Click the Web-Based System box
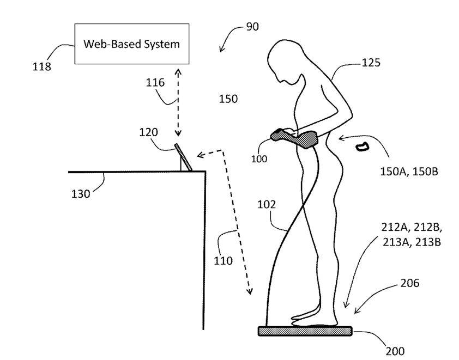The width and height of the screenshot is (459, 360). click(x=131, y=44)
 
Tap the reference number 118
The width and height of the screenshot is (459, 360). click(x=41, y=67)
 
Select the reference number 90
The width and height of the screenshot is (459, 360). click(x=252, y=26)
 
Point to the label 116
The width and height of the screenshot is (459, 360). click(x=155, y=83)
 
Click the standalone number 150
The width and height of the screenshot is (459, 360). click(x=228, y=99)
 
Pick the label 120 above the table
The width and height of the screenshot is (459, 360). click(x=148, y=132)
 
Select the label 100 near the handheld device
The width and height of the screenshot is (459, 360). click(x=259, y=159)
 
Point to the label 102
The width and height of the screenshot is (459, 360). click(x=266, y=205)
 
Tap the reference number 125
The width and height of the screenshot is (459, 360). click(x=371, y=63)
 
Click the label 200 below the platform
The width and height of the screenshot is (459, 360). click(x=395, y=351)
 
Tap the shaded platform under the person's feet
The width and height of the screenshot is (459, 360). click(x=305, y=331)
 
